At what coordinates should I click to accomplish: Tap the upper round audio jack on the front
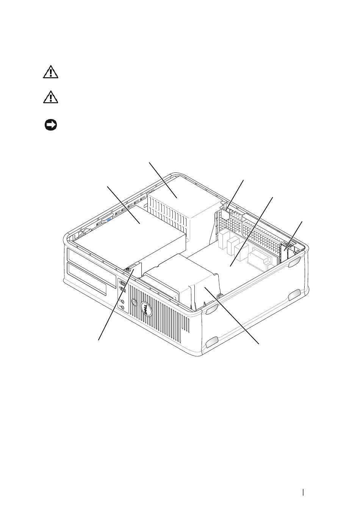tap(122, 301)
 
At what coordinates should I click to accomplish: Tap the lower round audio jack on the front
tap(122, 308)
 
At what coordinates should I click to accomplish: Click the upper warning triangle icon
tap(50, 72)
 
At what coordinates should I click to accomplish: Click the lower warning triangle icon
tap(50, 97)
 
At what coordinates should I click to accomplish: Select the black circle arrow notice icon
tap(51, 125)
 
